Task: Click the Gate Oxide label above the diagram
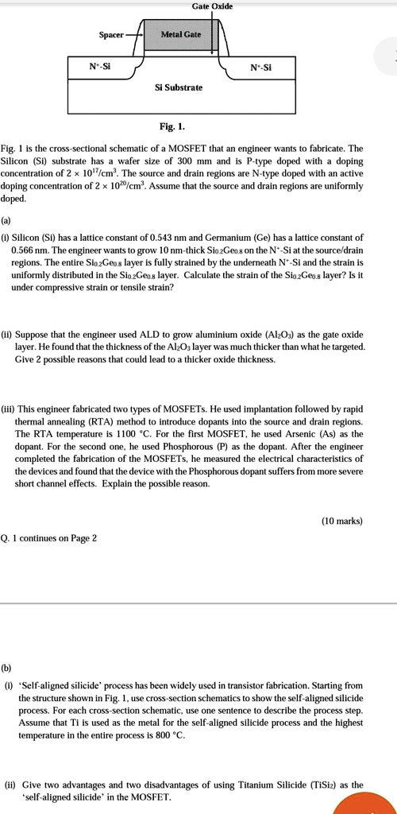point(212,6)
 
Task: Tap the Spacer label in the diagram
point(111,35)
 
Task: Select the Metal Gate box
point(181,35)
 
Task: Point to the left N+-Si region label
point(100,68)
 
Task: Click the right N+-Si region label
point(260,68)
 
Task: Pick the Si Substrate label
point(179,87)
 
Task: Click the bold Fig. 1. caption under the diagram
point(172,127)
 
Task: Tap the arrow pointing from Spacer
point(134,35)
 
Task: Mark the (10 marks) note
point(341,521)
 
